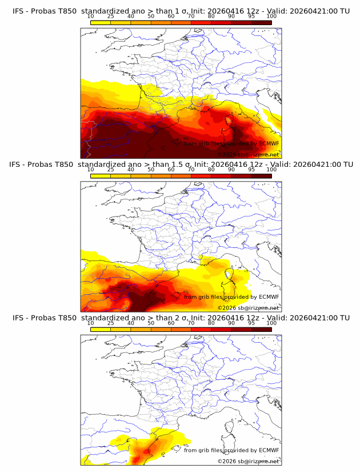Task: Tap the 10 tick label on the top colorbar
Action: tap(91, 17)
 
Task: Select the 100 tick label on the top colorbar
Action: tap(271, 17)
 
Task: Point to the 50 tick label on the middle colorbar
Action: tap(151, 170)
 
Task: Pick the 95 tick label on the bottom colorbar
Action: tap(251, 323)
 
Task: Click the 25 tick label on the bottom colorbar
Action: tap(111, 323)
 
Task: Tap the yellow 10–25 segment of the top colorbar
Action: tap(101, 22)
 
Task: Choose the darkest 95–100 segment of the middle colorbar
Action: tap(261, 175)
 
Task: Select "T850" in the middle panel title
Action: tap(65, 165)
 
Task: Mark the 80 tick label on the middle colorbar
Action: tap(211, 170)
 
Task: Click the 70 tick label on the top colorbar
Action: tap(191, 17)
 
